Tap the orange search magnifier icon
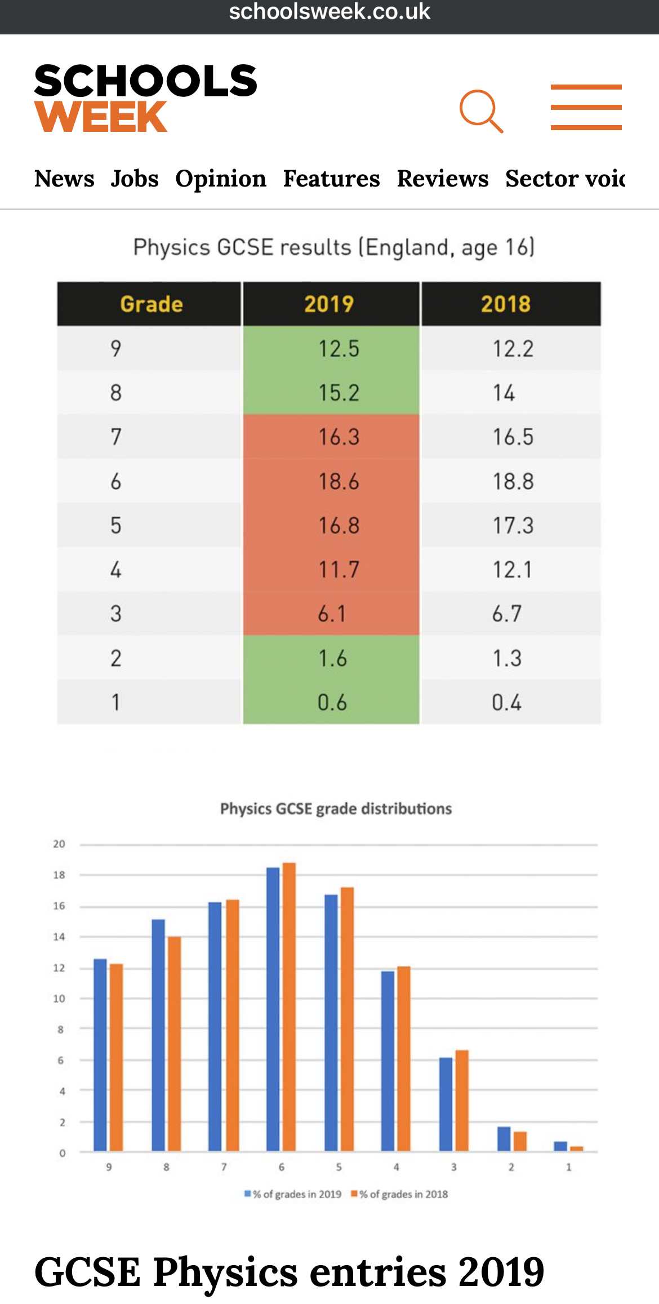point(480,110)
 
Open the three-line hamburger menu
point(586,107)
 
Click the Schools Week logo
point(145,98)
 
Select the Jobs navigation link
point(135,179)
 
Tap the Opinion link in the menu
point(221,179)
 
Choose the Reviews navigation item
point(443,179)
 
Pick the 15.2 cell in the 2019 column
point(339,393)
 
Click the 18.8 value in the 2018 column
point(513,481)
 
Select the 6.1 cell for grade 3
point(332,614)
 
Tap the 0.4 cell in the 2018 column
point(506,702)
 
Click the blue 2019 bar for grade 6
point(273,1009)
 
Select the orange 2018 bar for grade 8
point(175,1044)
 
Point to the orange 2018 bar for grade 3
point(462,1101)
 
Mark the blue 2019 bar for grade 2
point(504,1138)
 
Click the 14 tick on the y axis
point(59,937)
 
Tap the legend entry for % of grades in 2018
point(399,1194)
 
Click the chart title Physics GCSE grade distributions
point(336,809)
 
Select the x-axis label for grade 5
point(339,1167)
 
